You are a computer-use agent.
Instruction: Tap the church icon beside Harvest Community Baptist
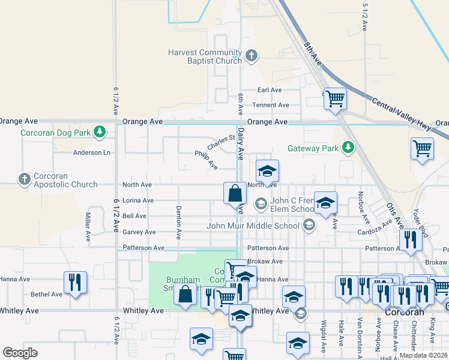tap(251, 56)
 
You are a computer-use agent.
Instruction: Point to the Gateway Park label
tap(313, 148)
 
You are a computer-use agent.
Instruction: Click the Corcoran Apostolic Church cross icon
tap(24, 179)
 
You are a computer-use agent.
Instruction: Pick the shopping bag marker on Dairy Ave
tap(235, 194)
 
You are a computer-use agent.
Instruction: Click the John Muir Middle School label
tap(253, 226)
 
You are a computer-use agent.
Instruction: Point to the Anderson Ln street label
tap(92, 152)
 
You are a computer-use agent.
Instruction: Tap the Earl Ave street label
tap(270, 90)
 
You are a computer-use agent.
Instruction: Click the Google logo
tap(20, 353)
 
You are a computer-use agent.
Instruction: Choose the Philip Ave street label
tap(206, 158)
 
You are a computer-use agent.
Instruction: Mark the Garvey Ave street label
tap(139, 232)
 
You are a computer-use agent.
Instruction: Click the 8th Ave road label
tap(313, 55)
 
